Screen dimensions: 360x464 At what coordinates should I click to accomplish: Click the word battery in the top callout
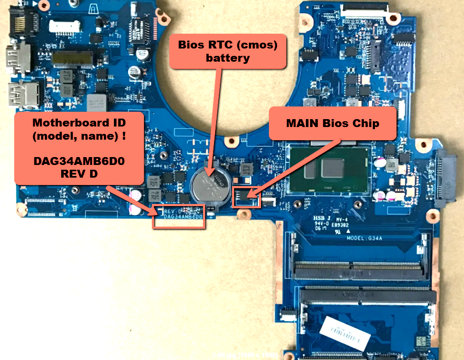pos(228,57)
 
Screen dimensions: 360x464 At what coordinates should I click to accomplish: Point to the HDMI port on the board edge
pos(17,58)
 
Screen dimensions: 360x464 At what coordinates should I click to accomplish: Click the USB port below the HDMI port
pos(23,95)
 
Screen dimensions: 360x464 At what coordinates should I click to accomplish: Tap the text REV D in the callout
pos(79,173)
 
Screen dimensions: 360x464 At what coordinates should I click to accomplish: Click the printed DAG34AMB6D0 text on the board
pos(183,217)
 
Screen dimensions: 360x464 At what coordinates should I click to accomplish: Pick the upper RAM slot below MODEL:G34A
pos(359,270)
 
